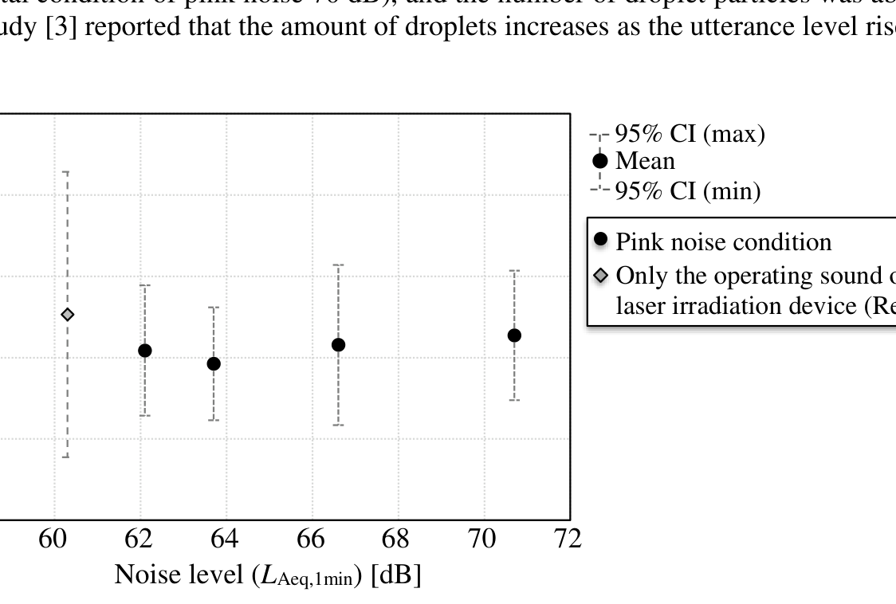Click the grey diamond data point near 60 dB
(68, 315)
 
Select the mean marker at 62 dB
(144, 351)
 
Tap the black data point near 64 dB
(214, 363)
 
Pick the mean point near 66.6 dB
(338, 345)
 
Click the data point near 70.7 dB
(514, 335)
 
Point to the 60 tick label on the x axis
(54, 539)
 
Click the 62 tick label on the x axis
(140, 539)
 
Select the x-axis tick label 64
(226, 539)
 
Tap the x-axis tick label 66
(311, 539)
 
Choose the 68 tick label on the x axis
(396, 539)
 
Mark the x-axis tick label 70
(482, 539)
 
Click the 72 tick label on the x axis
(568, 539)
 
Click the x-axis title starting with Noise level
(268, 575)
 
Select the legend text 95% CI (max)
(690, 134)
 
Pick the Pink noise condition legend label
(724, 241)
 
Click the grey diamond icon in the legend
(602, 276)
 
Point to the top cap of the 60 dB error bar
(67, 172)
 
